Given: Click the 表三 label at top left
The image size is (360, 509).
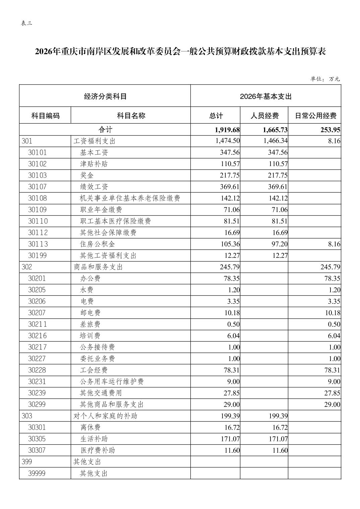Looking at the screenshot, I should [x=26, y=23].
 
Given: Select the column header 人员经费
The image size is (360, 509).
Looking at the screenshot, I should [x=264, y=116].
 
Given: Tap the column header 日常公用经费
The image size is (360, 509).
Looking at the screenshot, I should [x=315, y=116].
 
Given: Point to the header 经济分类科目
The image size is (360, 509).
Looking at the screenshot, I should [x=105, y=96].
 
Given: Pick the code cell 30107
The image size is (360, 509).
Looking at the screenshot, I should [x=38, y=187].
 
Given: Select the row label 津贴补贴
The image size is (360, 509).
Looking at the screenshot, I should [x=94, y=164].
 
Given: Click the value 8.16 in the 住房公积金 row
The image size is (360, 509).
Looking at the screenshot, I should [x=334, y=244].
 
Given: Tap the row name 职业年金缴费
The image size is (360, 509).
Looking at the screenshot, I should [x=101, y=210].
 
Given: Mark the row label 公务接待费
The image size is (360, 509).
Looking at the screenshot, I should [x=97, y=347].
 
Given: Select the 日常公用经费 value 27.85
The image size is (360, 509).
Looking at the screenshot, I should [x=332, y=393].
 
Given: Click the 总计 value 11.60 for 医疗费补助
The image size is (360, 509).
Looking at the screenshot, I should [x=232, y=450].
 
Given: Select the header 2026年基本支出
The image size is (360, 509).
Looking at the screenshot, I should [x=265, y=96].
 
